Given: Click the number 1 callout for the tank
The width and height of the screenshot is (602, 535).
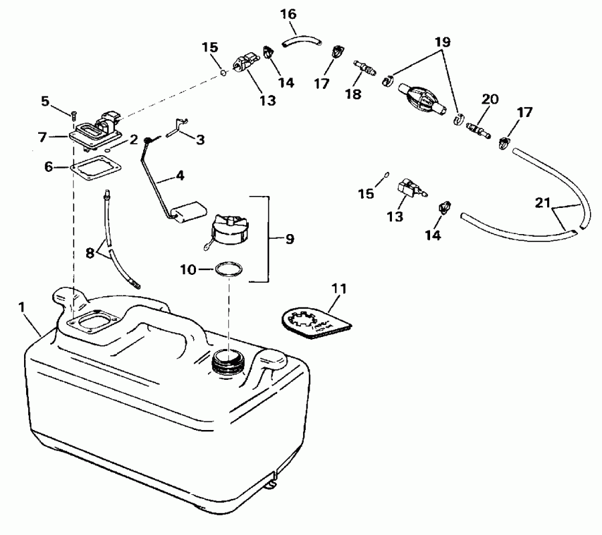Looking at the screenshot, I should (22, 306).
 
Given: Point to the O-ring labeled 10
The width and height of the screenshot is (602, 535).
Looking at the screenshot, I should (227, 270).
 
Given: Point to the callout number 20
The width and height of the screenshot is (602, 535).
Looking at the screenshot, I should (490, 99).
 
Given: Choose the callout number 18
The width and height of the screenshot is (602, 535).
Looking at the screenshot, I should (353, 94).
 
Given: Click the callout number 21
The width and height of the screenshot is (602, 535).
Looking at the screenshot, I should (543, 202).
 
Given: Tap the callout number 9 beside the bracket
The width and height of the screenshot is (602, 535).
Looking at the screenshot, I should (289, 238).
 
